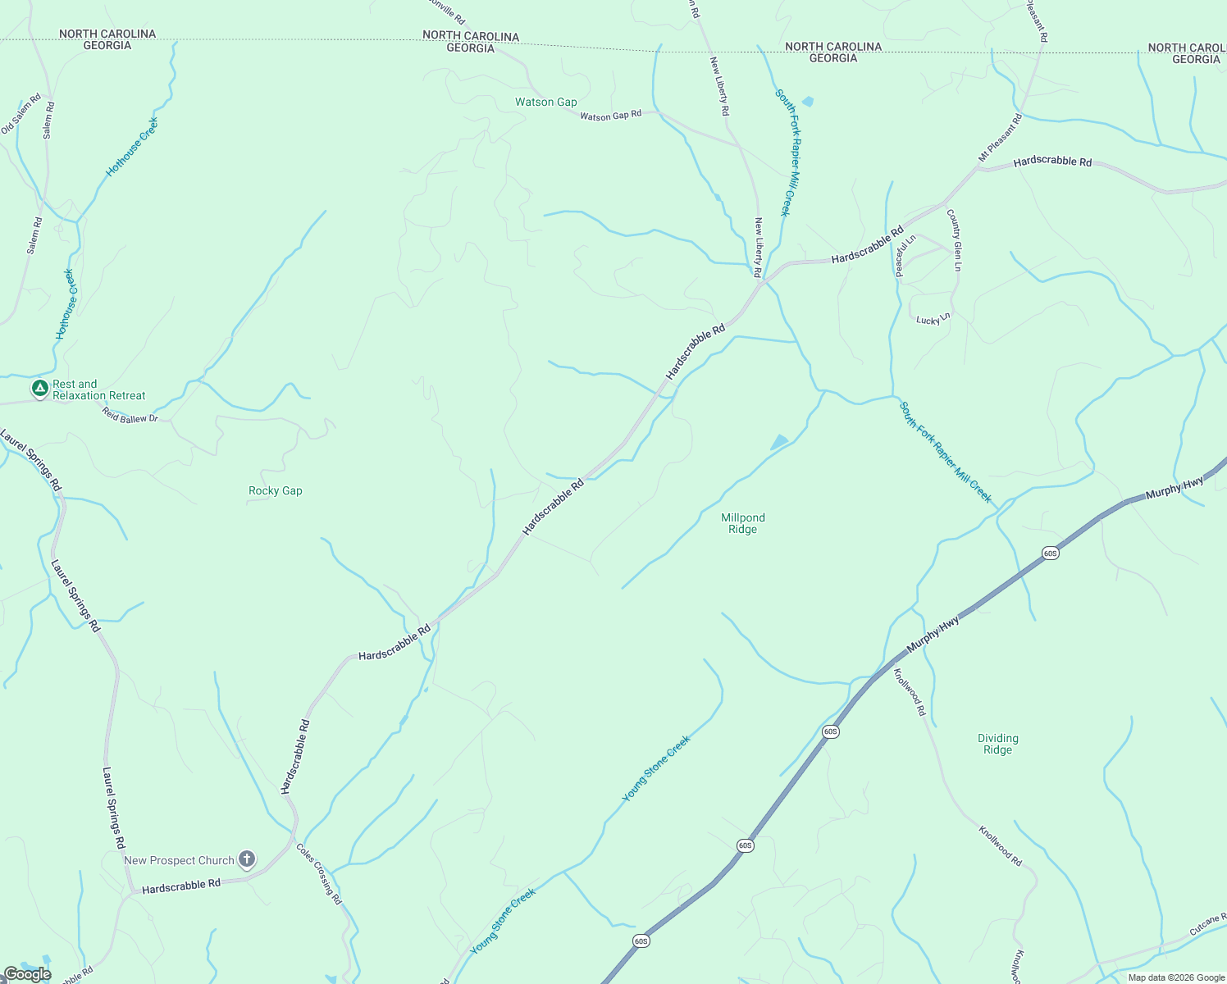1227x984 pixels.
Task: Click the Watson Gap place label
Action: [545, 102]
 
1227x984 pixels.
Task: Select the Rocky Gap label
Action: [276, 491]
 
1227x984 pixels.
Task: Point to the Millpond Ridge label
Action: [743, 523]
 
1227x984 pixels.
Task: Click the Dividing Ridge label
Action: [998, 744]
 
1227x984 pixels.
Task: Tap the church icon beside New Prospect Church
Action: [247, 859]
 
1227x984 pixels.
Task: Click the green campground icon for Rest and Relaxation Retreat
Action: [39, 389]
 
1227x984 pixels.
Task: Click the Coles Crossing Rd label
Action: [319, 874]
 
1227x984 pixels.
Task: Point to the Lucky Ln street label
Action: [933, 319]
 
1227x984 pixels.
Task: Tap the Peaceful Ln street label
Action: [905, 256]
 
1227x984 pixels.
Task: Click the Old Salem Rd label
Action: [21, 114]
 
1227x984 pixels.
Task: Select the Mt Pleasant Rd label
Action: [1001, 137]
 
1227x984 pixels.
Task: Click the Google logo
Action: [27, 974]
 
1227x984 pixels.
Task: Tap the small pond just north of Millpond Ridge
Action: [779, 442]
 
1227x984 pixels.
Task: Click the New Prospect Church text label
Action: [179, 860]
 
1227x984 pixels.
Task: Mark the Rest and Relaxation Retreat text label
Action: [98, 389]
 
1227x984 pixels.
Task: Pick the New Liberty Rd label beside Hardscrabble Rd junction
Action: [758, 247]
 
